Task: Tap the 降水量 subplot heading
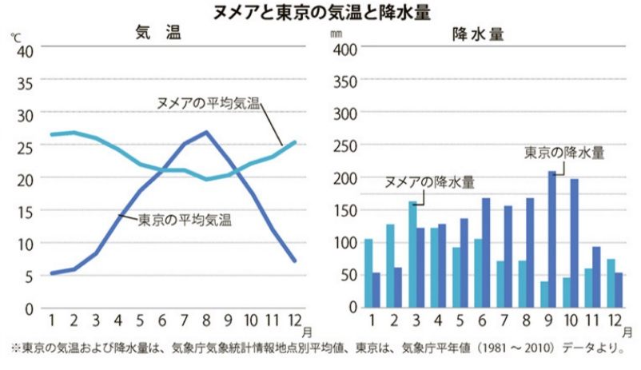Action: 477,34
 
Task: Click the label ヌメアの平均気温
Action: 209,103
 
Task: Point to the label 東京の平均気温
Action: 185,217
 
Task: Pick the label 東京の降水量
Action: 564,151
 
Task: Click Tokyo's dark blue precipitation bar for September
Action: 552,239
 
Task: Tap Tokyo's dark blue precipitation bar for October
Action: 574,243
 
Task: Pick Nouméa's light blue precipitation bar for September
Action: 544,293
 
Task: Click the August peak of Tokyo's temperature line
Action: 206,132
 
